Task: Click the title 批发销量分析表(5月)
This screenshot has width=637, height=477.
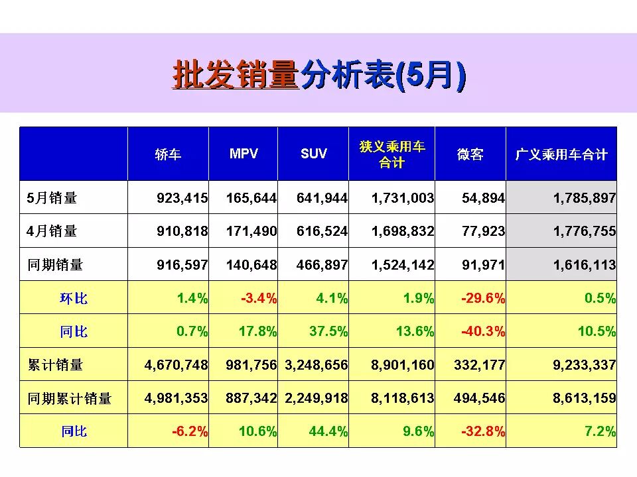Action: [x=318, y=75]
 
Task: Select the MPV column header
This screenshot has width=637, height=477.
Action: [x=244, y=154]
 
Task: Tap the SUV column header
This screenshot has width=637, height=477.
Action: [x=314, y=154]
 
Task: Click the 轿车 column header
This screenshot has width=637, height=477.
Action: [x=168, y=154]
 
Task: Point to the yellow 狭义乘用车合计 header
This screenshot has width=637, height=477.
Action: [x=392, y=154]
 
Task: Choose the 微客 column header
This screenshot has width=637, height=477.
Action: [x=470, y=154]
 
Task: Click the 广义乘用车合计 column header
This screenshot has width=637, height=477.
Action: [x=561, y=154]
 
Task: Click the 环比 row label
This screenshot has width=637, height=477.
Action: [x=74, y=298]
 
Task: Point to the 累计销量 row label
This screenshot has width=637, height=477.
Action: [x=55, y=365]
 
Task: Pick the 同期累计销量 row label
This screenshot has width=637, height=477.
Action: [x=69, y=398]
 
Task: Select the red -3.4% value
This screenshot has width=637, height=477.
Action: [x=259, y=298]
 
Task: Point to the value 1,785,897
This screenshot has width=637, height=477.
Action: [x=584, y=197]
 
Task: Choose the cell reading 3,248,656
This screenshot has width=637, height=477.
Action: [x=316, y=365]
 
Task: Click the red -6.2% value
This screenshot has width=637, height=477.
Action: [x=190, y=431]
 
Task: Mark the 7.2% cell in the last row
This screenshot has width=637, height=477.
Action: [x=600, y=431]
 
